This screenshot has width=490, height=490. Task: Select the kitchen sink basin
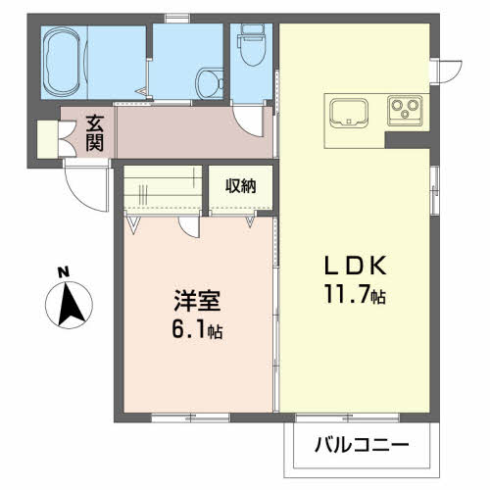349,113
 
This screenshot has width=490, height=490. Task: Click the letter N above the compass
62,271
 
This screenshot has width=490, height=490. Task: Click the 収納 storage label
240,185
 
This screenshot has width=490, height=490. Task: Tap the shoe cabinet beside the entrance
46,137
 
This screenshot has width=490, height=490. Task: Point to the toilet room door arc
254,123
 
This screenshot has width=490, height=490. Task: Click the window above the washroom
177,17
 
